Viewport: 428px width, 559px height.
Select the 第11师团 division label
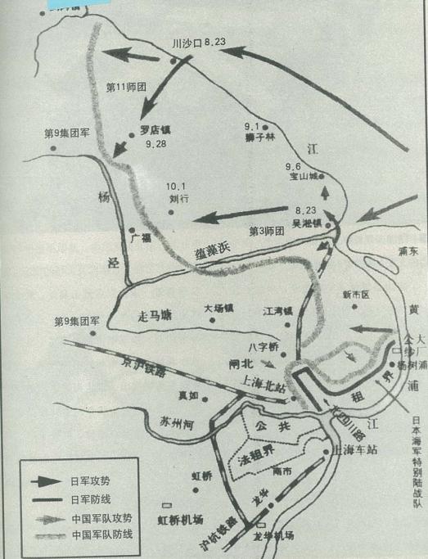[127, 85]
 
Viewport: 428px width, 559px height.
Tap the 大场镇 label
[219, 309]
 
